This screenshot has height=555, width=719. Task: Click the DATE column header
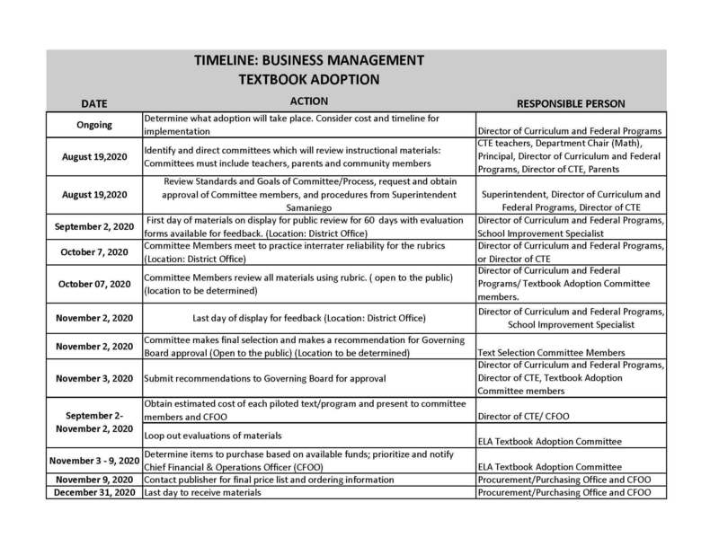tap(94, 103)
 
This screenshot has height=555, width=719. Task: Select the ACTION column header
tap(309, 101)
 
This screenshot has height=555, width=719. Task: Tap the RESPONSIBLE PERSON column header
tap(571, 103)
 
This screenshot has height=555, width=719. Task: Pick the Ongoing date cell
tap(94, 125)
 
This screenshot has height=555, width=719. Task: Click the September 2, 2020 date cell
tap(94, 225)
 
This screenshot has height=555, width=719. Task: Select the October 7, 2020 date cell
tap(94, 251)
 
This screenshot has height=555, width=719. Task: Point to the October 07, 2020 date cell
tap(94, 284)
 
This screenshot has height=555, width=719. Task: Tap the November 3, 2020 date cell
tap(94, 378)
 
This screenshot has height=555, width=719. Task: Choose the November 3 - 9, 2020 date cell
tap(94, 462)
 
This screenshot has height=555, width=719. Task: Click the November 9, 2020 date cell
tap(94, 480)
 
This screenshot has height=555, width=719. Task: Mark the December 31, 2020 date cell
tap(94, 494)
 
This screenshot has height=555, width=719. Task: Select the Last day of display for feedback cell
tap(309, 317)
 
